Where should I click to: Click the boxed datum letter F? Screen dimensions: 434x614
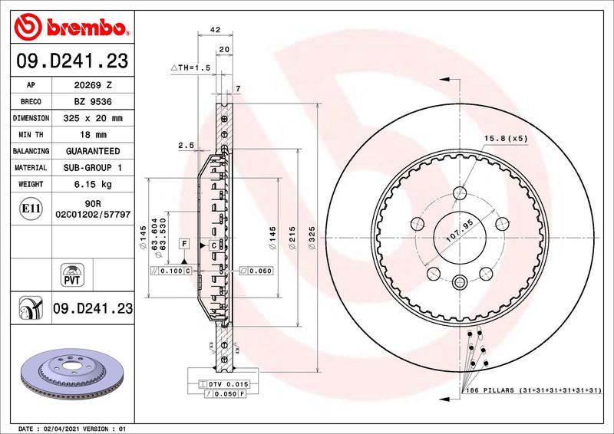183,243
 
